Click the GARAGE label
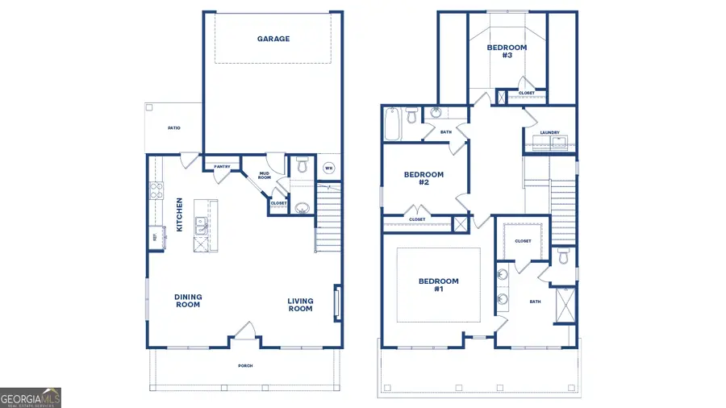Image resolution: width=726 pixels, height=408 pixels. (x=273, y=39)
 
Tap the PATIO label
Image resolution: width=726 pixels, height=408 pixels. (x=173, y=128)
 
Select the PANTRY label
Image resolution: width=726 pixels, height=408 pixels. (x=223, y=167)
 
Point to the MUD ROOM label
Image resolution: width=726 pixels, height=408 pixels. (x=264, y=175)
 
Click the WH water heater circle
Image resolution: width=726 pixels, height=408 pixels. (x=328, y=168)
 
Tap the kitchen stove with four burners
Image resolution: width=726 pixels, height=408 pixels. (x=155, y=191)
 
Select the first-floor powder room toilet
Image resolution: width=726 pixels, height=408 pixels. (x=302, y=165)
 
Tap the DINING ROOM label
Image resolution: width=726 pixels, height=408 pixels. (x=188, y=301)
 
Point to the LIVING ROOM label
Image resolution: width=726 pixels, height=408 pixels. (x=300, y=305)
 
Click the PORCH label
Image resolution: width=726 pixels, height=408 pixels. (x=245, y=365)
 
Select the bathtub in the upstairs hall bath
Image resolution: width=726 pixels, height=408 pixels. (x=392, y=123)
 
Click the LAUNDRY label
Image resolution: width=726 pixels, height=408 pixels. (x=550, y=132)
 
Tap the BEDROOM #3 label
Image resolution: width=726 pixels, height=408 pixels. (x=507, y=52)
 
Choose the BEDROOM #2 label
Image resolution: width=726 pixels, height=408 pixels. (x=423, y=178)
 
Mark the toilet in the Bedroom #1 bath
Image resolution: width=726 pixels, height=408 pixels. (x=564, y=256)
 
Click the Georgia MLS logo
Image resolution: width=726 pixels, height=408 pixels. (x=31, y=398)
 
